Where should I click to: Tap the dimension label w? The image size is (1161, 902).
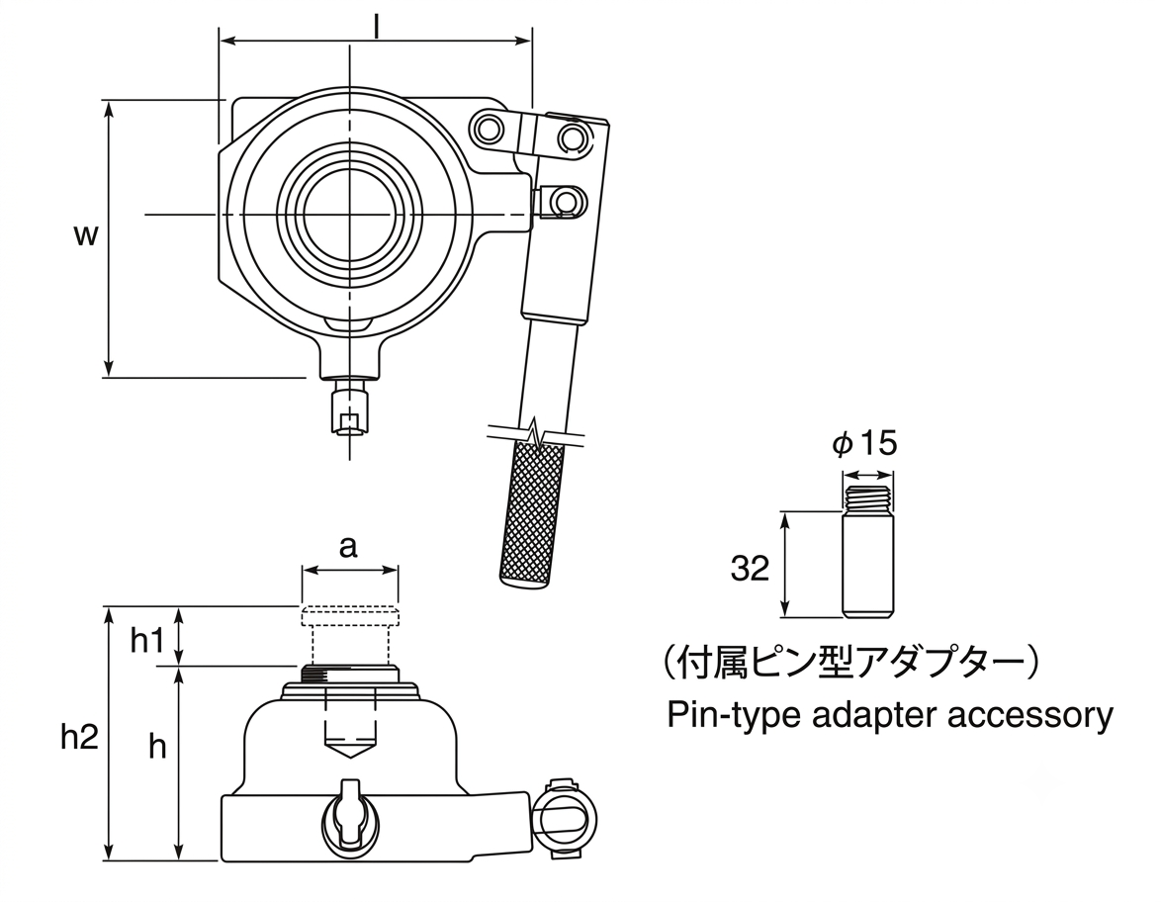click(x=87, y=235)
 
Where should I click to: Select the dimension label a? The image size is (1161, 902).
click(x=348, y=547)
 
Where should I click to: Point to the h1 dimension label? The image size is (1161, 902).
click(x=147, y=641)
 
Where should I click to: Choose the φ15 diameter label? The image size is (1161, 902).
click(x=864, y=444)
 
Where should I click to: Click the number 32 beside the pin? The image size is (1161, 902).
click(x=750, y=569)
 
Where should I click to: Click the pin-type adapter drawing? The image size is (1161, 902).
click(x=867, y=550)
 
